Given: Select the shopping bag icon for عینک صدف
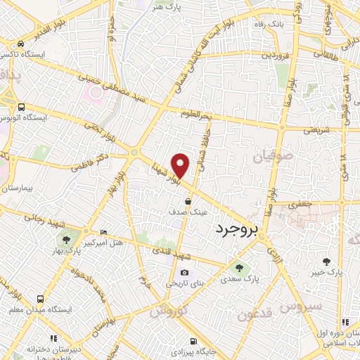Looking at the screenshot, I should [x=188, y=201].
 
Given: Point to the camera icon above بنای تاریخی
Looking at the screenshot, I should [x=184, y=273].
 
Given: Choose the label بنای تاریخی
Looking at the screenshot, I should [x=183, y=283].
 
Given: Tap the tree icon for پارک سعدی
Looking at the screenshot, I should [x=240, y=268].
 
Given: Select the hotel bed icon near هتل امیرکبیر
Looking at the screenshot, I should [x=104, y=232].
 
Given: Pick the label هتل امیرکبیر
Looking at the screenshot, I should [x=105, y=243].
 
